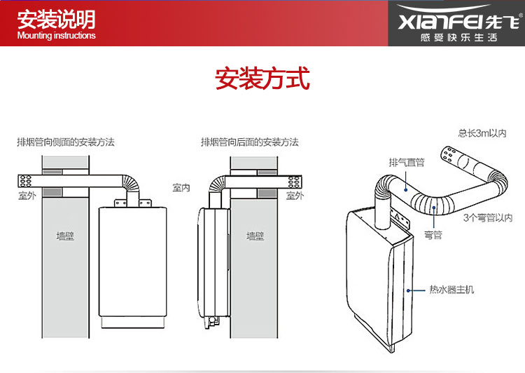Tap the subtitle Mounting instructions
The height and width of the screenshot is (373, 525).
point(56,36)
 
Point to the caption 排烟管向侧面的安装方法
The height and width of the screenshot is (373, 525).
point(65,142)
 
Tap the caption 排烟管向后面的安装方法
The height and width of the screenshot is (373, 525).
point(249,142)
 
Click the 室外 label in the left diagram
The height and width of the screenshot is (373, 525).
point(27,196)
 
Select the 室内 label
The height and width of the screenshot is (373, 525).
point(181,188)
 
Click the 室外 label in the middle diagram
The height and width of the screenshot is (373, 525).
point(295,196)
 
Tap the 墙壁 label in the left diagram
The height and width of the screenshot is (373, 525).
point(65,236)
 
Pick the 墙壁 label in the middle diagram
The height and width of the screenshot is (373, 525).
point(255,236)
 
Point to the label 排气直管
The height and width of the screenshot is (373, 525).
point(406,162)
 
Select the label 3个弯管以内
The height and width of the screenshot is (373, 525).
point(488,218)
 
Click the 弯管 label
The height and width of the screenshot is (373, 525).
point(433,235)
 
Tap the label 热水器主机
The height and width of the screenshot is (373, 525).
point(451,289)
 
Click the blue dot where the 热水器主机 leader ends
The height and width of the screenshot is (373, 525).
point(407,289)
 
